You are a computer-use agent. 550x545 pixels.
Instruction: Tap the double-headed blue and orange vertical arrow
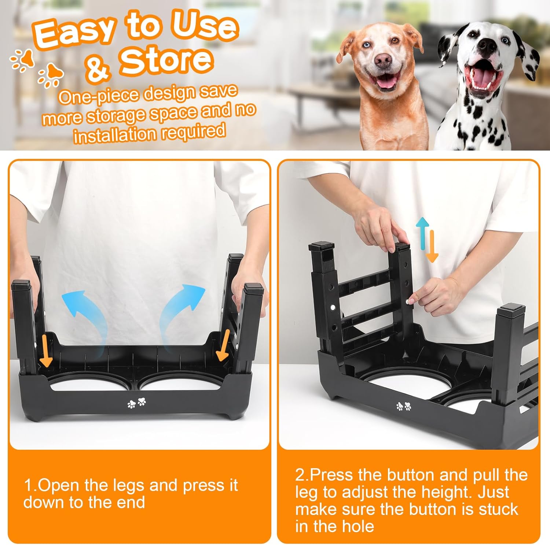[428, 240]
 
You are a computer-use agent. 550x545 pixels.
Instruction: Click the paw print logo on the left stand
[136, 403]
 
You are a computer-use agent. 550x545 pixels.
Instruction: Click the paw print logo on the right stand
[404, 406]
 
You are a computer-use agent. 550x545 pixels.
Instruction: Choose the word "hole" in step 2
[357, 526]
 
